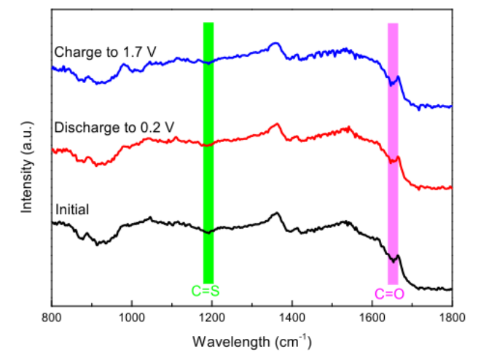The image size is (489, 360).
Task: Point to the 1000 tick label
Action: (131, 318)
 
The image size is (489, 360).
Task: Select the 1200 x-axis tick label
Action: (211, 318)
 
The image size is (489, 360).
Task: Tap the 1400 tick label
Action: (292, 318)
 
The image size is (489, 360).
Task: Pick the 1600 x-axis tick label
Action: (372, 318)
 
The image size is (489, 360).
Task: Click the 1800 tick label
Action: (452, 318)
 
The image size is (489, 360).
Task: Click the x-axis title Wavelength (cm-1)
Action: (251, 340)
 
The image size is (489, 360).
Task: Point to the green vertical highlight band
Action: (208, 153)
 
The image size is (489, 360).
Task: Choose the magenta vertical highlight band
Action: (393, 153)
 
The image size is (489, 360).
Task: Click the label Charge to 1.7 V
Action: (105, 52)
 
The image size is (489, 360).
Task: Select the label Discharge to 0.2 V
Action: (114, 127)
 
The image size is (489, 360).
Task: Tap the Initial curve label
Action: (71, 211)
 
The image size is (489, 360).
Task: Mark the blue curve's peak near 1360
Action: (275, 44)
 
